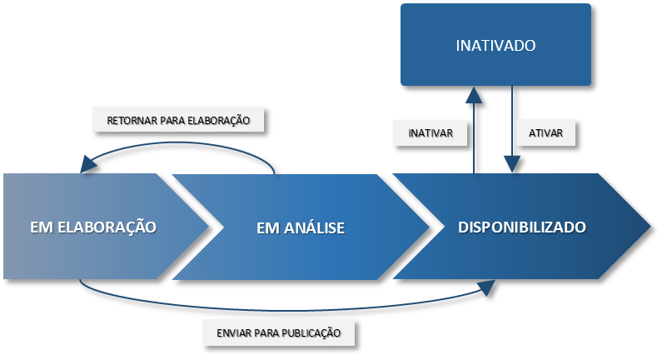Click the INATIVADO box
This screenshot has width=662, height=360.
pyautogui.click(x=495, y=45)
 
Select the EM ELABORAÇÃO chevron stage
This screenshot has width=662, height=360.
pyautogui.click(x=93, y=227)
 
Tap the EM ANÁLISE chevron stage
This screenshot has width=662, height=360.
pyautogui.click(x=301, y=227)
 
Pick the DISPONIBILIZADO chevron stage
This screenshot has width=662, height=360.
pyautogui.click(x=522, y=227)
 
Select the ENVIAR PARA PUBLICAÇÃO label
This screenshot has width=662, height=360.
pyautogui.click(x=278, y=332)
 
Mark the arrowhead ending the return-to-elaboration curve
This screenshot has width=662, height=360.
pyautogui.click(x=87, y=165)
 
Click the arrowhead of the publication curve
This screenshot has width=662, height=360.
pyautogui.click(x=485, y=286)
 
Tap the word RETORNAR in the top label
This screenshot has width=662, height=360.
pyautogui.click(x=133, y=120)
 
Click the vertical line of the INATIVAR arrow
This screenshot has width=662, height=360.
pyautogui.click(x=474, y=137)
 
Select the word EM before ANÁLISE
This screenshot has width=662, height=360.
pyautogui.click(x=266, y=227)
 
